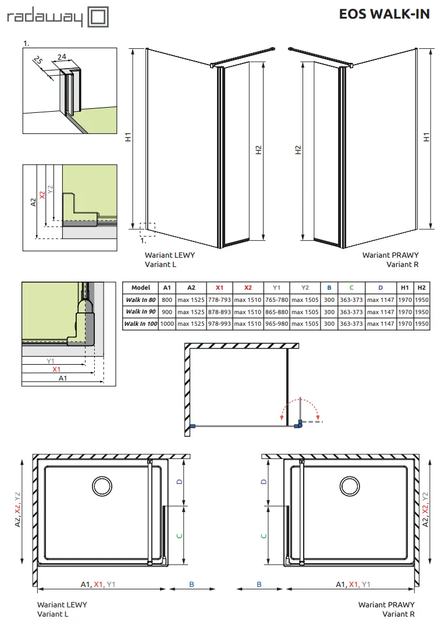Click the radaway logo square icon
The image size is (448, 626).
point(98,17)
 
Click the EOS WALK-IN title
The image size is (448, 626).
point(384,14)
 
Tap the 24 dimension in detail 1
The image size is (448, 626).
point(62,57)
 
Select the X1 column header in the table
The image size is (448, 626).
point(219,287)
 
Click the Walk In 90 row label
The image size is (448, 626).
point(141,312)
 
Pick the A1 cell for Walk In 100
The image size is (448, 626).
point(167,324)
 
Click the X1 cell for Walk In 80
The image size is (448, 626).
point(219,300)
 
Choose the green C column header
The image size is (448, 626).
point(351,287)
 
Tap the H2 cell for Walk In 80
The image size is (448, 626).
point(421,300)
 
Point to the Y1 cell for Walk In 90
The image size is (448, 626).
point(276,312)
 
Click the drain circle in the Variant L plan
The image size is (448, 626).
point(102,486)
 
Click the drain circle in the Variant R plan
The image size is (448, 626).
point(350,486)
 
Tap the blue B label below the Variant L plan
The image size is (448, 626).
point(191,585)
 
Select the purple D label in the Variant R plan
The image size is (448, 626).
point(264,482)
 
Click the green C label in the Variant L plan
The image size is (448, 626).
point(180,536)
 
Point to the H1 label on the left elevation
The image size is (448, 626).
point(128,137)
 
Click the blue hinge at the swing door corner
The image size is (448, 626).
point(298,424)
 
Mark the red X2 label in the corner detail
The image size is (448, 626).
point(42,195)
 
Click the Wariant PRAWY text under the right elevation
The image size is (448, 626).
point(390,255)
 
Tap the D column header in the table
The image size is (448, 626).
point(381,287)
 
